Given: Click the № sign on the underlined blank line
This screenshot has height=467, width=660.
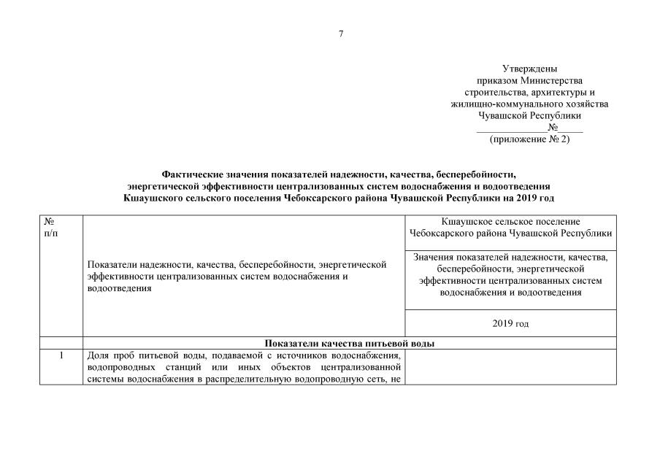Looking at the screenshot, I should [x=543, y=127].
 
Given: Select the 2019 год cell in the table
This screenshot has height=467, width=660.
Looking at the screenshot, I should [x=510, y=323].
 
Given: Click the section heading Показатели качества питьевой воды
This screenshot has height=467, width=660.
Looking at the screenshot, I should [x=350, y=343].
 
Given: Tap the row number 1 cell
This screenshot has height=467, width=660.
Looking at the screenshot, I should [x=61, y=355].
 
